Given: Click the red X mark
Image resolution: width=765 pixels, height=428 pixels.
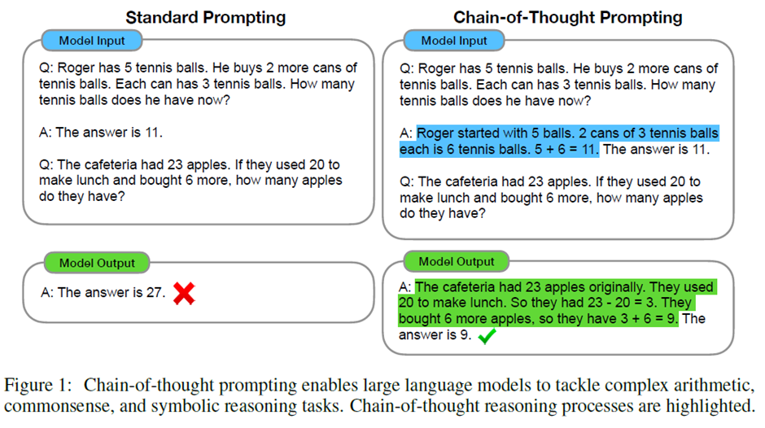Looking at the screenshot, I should pos(184,294).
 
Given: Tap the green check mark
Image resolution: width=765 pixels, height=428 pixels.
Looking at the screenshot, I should pos(487,335).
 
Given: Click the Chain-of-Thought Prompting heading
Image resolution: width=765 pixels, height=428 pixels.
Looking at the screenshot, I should pos(567,16).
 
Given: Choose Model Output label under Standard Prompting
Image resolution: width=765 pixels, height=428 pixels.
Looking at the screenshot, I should pos(90,263).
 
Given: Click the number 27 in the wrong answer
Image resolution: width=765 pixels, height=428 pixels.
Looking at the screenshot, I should pos(155,293).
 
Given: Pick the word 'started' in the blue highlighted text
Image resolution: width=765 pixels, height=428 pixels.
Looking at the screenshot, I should pos(479,134).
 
